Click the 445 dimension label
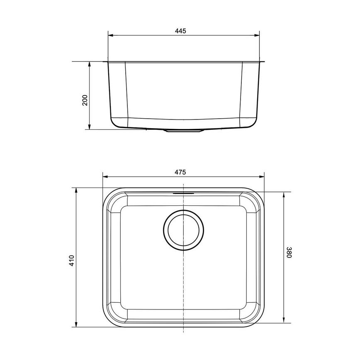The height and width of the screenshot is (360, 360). pos(180,31)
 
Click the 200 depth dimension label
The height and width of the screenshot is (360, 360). pos(85,100)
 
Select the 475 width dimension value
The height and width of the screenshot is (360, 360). pos(180,172)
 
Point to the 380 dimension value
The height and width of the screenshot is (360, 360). pos(289,253)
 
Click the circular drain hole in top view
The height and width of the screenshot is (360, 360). pos(183,231)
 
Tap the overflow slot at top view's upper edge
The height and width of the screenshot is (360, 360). pos(183,193)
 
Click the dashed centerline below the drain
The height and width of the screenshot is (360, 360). pos(183,290)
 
